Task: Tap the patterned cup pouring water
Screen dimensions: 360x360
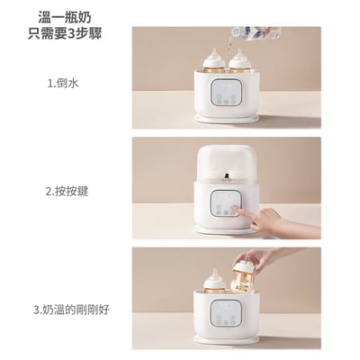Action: pyautogui.click(x=244, y=35)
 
